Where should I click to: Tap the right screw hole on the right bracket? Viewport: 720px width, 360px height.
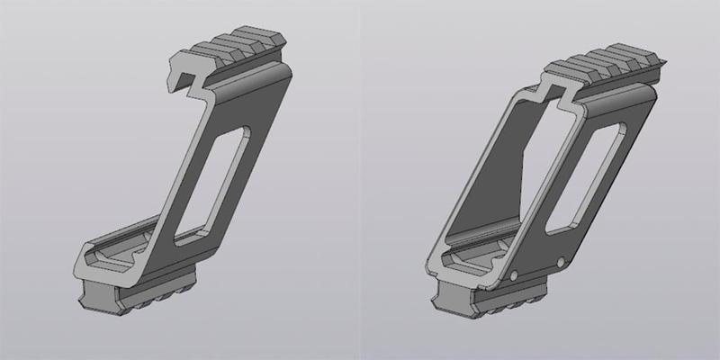pyautogui.click(x=561, y=262)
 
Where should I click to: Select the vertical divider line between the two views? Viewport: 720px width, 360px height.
pyautogui.click(x=360, y=180)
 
